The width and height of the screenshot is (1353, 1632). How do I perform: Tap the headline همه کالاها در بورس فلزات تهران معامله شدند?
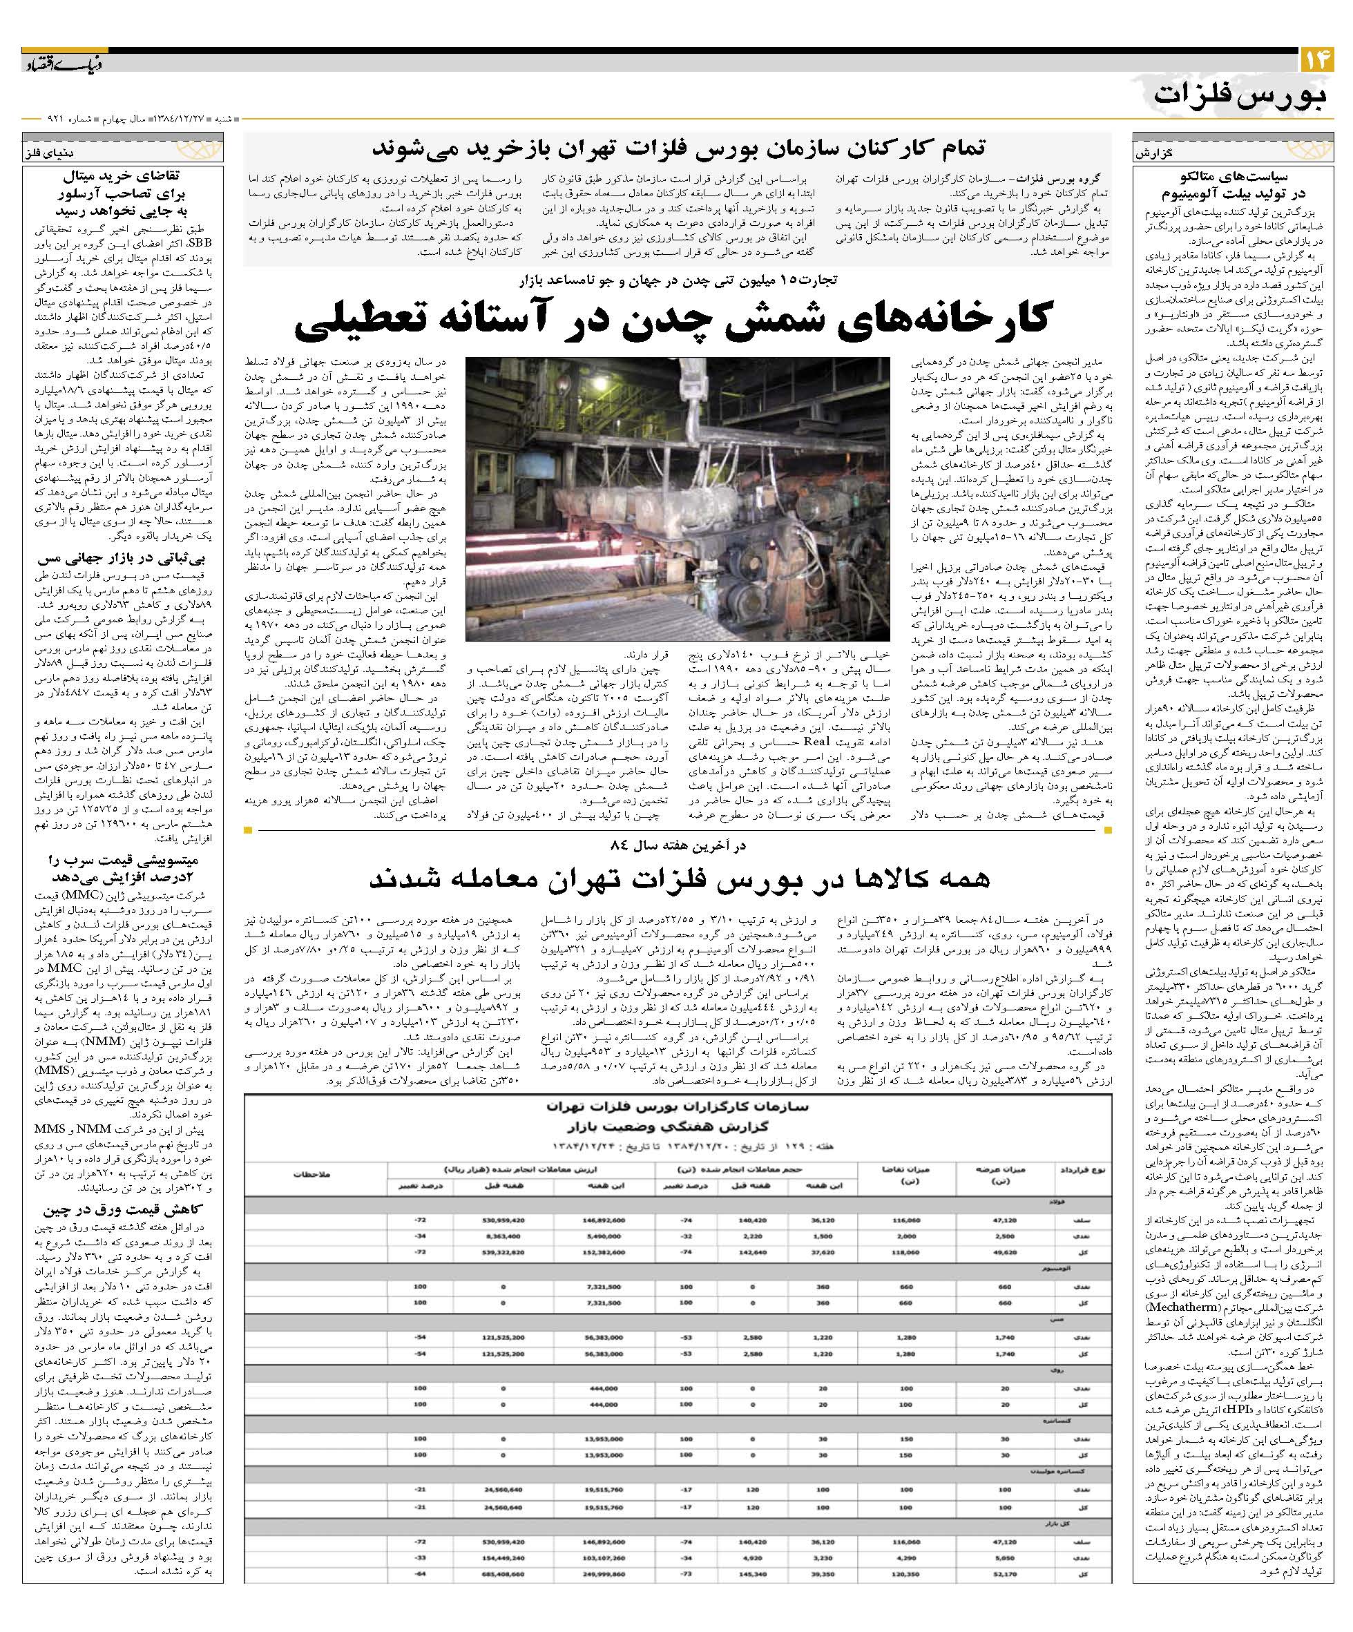tap(676, 879)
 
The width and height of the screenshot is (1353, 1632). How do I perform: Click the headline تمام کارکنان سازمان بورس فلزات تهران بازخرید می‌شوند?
tap(678, 148)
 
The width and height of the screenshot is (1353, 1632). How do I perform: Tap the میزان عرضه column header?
tap(992, 1174)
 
